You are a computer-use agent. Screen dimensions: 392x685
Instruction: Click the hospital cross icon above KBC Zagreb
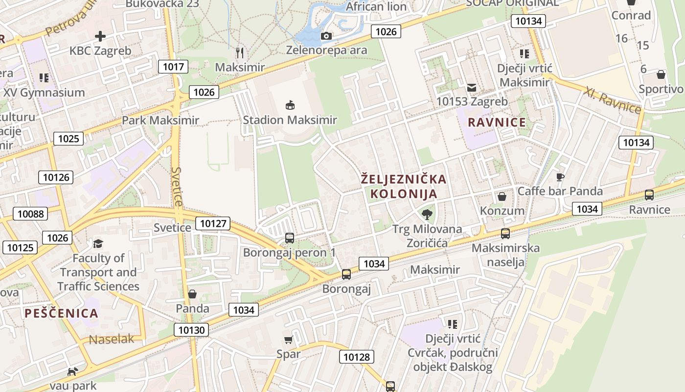[x=100, y=36]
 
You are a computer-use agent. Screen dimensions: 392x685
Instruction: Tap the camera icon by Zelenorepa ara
[x=326, y=36]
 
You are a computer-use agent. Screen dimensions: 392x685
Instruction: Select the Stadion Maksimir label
[x=290, y=120]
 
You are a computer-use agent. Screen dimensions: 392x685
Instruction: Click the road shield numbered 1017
[x=173, y=67]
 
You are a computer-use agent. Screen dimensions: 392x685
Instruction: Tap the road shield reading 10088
[x=30, y=214]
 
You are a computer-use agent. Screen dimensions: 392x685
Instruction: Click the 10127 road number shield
[x=213, y=224]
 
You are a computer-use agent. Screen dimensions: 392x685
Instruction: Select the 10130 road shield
[x=191, y=330]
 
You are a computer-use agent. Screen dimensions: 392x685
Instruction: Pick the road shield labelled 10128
[x=357, y=357]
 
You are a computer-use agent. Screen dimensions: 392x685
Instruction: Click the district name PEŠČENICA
[x=61, y=314]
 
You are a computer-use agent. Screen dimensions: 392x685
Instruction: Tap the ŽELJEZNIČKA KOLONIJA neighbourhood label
[x=404, y=186]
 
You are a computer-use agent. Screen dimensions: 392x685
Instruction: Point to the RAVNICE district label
[x=497, y=122]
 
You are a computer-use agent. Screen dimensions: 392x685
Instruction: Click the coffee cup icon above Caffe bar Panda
[x=560, y=177]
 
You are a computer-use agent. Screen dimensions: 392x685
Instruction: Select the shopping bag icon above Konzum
[x=502, y=197]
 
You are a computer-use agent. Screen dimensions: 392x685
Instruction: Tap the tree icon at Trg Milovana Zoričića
[x=427, y=214]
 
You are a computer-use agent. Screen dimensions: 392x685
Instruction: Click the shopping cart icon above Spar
[x=288, y=340]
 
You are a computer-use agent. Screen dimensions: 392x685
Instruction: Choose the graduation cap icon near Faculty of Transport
[x=98, y=244]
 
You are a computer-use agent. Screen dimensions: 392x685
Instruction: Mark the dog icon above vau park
[x=72, y=371]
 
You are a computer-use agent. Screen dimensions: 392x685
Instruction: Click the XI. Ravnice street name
[x=612, y=100]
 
